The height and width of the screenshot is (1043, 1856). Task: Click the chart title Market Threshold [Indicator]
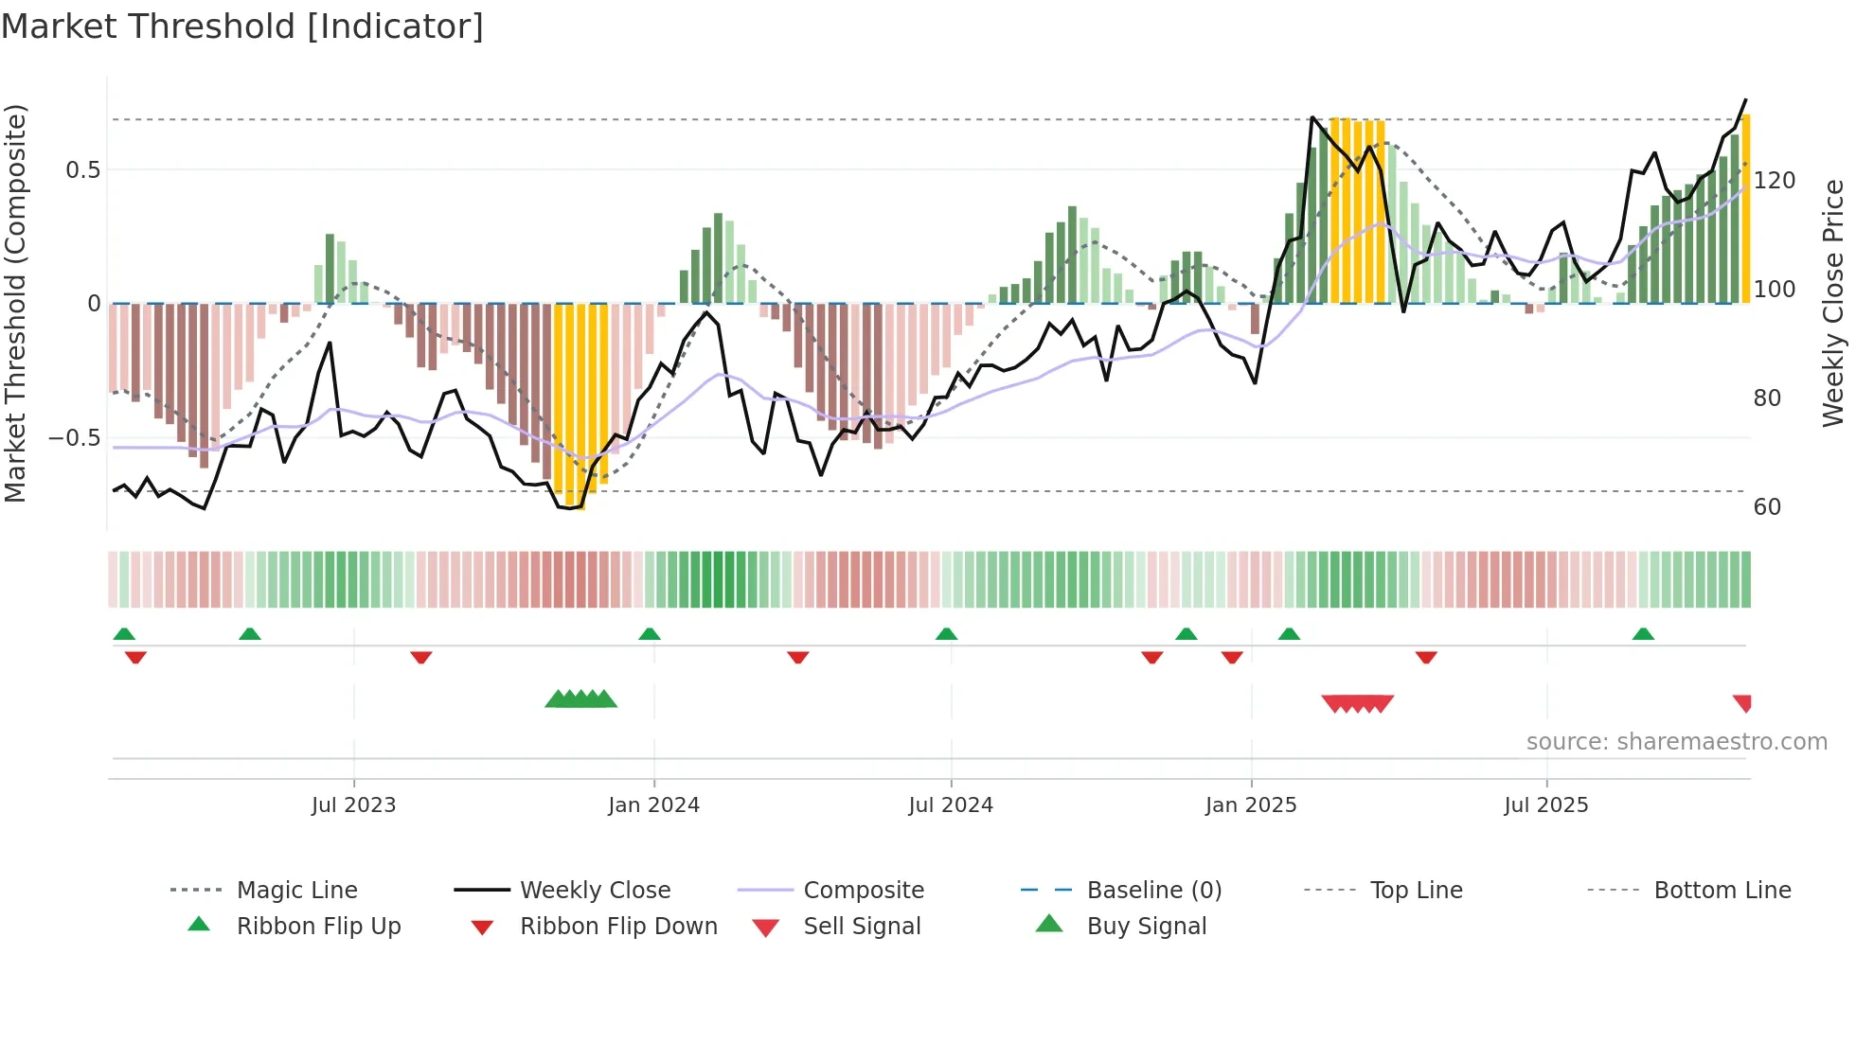click(x=242, y=27)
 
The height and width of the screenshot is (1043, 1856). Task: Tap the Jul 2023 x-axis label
click(x=353, y=805)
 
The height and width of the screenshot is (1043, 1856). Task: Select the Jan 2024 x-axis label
click(x=653, y=805)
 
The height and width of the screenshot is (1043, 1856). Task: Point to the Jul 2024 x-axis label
click(x=951, y=805)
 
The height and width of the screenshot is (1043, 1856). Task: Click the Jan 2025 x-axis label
click(x=1251, y=805)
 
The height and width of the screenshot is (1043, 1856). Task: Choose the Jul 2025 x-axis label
click(x=1546, y=805)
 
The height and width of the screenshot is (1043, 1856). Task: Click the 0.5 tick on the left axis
click(x=83, y=170)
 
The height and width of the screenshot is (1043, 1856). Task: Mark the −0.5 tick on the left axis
click(x=75, y=438)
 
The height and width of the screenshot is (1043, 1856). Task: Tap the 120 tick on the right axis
click(x=1775, y=181)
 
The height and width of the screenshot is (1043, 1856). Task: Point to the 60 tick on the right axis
click(x=1767, y=507)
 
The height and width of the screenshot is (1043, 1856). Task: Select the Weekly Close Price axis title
click(x=1833, y=303)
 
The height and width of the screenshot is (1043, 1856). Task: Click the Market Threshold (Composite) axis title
click(x=16, y=303)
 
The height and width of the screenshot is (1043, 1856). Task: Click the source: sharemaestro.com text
click(x=1676, y=742)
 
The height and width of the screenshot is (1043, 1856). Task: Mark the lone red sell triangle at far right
click(x=1743, y=702)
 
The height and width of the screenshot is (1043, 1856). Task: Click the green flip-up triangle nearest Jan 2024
click(x=650, y=634)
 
